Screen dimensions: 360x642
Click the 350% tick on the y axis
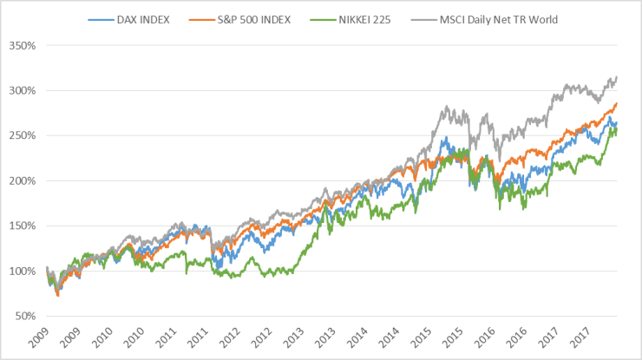click(22, 46)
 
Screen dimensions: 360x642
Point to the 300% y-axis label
click(22, 91)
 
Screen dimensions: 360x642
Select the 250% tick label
click(22, 136)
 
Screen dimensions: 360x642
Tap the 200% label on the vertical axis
click(22, 181)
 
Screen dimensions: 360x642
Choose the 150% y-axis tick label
click(22, 226)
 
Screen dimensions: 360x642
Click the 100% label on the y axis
click(22, 272)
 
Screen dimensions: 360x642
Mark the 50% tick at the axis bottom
click(23, 317)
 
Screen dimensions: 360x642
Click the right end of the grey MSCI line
click(617, 77)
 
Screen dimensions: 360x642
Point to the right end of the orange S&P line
click(617, 104)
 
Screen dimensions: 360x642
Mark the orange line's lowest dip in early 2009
click(57, 296)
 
